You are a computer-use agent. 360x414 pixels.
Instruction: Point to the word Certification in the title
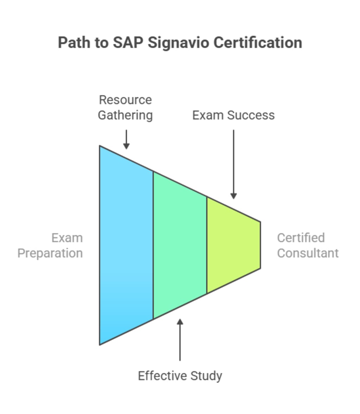pos(258,43)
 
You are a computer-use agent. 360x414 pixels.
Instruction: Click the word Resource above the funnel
pos(125,100)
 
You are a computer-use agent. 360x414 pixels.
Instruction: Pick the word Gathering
pos(125,115)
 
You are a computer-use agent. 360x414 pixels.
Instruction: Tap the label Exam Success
pos(233,115)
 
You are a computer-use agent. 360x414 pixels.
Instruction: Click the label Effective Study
pos(180,376)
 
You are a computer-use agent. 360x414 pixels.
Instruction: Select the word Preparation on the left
pos(50,253)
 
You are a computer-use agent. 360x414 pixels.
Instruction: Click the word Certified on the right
pos(301,238)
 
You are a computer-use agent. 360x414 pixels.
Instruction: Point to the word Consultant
pos(308,253)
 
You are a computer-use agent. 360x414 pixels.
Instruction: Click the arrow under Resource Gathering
pos(126,139)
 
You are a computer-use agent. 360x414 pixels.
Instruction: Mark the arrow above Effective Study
pos(180,339)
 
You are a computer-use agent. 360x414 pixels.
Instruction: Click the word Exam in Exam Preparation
pos(67,238)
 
